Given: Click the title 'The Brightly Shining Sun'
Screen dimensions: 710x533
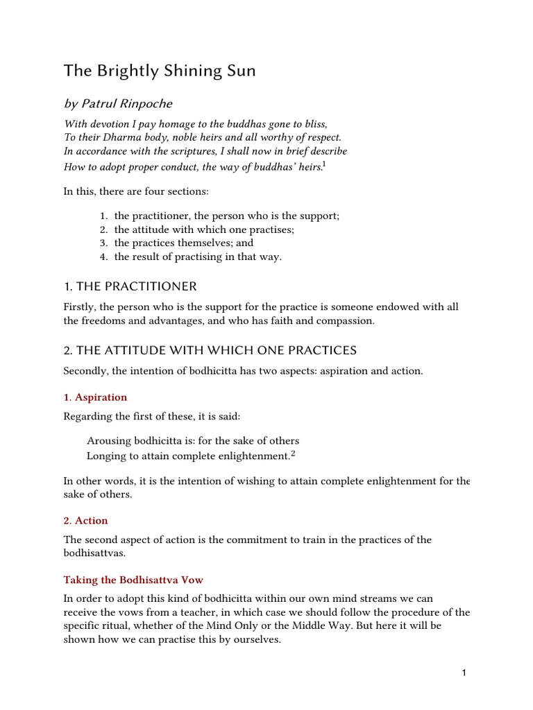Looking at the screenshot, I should [160, 71].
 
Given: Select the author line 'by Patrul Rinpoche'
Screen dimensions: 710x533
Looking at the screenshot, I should [117, 104].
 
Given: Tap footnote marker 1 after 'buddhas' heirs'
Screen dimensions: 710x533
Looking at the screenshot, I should [325, 164].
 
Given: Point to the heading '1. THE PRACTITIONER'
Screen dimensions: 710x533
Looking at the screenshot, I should [130, 286].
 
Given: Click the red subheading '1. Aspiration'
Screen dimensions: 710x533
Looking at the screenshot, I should [95, 397].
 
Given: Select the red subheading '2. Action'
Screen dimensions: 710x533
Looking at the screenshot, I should [85, 520].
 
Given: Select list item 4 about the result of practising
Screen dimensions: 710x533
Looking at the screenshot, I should [198, 257].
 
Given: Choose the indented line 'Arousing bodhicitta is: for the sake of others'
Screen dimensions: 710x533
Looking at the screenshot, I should [193, 441].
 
